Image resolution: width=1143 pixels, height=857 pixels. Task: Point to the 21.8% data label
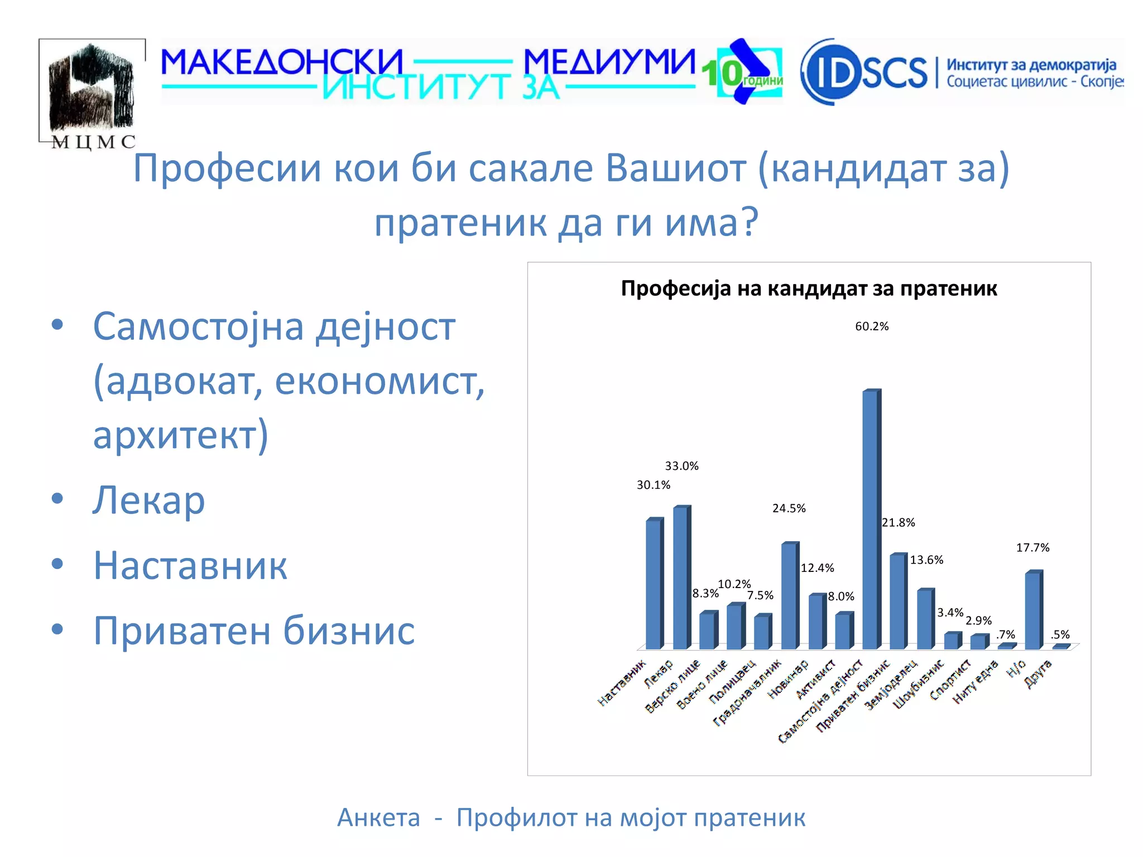[x=899, y=523]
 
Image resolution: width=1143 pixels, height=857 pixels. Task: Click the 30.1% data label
[x=654, y=485]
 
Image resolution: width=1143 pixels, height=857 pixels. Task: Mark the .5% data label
[x=1060, y=635]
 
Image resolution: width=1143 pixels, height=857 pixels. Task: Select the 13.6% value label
[x=926, y=560]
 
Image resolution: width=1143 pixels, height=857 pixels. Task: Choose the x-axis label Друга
[x=1039, y=674]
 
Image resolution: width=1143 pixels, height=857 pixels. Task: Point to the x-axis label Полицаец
[x=733, y=682]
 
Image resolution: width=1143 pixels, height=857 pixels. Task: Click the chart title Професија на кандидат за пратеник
[x=809, y=289]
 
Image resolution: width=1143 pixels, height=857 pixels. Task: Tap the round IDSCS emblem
[x=830, y=72]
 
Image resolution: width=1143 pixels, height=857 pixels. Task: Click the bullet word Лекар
[x=149, y=500]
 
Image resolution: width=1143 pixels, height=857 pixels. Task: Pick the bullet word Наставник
[x=190, y=566]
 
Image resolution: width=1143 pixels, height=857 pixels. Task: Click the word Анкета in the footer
[x=378, y=818]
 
